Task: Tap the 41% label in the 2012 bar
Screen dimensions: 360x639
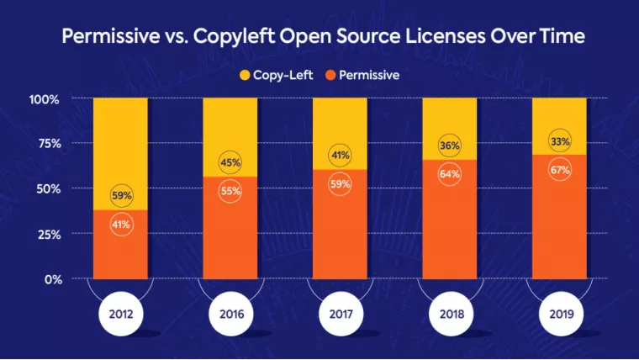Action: point(121,224)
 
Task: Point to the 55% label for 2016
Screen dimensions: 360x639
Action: point(230,191)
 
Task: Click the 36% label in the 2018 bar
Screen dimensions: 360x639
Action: point(450,146)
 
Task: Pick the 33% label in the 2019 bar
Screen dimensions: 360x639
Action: point(559,140)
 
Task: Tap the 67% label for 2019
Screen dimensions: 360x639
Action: point(559,169)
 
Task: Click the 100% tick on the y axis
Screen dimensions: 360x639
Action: point(45,99)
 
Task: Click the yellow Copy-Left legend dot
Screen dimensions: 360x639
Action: point(246,75)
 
